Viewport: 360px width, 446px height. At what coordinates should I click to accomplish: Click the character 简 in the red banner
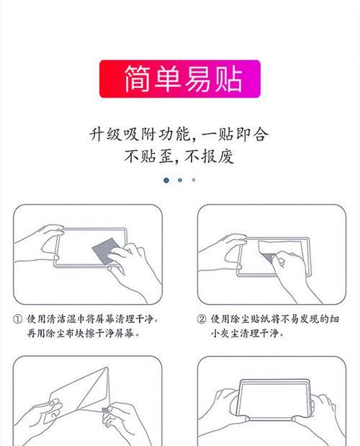(x=138, y=79)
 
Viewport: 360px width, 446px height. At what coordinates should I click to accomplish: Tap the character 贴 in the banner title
(x=228, y=79)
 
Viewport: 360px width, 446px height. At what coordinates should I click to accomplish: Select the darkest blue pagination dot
(x=166, y=180)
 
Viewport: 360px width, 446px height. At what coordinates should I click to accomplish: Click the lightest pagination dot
(x=194, y=179)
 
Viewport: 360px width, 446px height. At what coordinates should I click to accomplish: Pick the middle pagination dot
(x=180, y=180)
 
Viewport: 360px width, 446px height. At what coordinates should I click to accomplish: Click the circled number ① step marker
(x=17, y=319)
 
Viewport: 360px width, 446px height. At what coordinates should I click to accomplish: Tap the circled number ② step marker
(x=202, y=319)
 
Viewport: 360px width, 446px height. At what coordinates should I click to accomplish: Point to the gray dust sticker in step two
(x=268, y=257)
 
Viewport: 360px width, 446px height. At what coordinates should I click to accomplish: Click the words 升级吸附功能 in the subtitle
(x=140, y=134)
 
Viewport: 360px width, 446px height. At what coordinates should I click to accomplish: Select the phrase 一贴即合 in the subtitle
(x=235, y=134)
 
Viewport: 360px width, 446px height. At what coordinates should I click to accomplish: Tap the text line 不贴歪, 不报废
(x=179, y=156)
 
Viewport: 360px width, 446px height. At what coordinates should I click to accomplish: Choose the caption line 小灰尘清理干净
(x=247, y=333)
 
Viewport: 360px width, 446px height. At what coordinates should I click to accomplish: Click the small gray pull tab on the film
(x=105, y=409)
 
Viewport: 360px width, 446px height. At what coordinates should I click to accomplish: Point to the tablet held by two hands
(x=274, y=400)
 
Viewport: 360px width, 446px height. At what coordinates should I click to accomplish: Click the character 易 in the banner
(x=198, y=79)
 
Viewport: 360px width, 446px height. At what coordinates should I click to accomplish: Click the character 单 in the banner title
(x=168, y=79)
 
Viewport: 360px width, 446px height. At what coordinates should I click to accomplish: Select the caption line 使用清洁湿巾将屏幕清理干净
(x=92, y=319)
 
